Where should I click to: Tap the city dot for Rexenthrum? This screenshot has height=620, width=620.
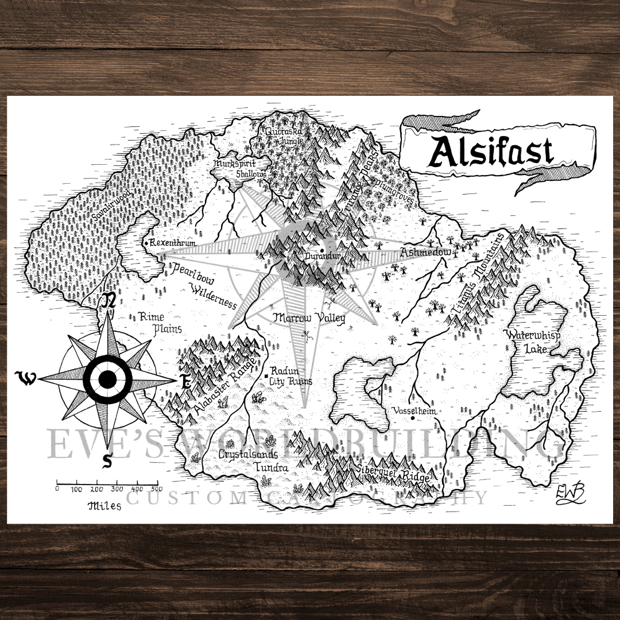(147, 244)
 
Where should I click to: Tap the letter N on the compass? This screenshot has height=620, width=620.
(109, 300)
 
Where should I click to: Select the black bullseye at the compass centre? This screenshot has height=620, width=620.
(107, 379)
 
